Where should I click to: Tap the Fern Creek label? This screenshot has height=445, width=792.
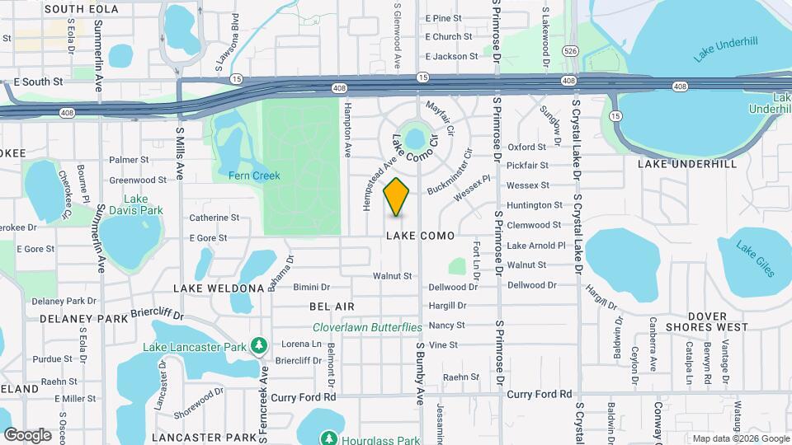coord(255,176)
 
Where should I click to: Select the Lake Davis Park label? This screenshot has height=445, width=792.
coord(142,204)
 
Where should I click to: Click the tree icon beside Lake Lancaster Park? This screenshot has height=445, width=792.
coord(259,344)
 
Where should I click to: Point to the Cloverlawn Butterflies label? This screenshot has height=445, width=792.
coord(367,327)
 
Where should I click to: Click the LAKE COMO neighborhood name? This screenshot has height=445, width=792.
coord(420,236)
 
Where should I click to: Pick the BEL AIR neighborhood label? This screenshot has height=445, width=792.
coord(332,307)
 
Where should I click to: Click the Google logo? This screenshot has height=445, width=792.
coord(28,435)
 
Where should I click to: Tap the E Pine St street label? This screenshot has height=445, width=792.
coord(444,18)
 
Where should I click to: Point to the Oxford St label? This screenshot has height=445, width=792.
coord(527,147)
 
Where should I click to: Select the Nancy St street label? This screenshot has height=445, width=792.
coord(447,326)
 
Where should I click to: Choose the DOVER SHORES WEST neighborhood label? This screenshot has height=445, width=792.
coord(707,321)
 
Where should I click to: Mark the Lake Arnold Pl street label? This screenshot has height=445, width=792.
coord(536,246)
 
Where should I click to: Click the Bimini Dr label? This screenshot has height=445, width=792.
coord(311,288)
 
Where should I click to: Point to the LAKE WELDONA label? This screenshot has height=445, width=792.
coord(218,288)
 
